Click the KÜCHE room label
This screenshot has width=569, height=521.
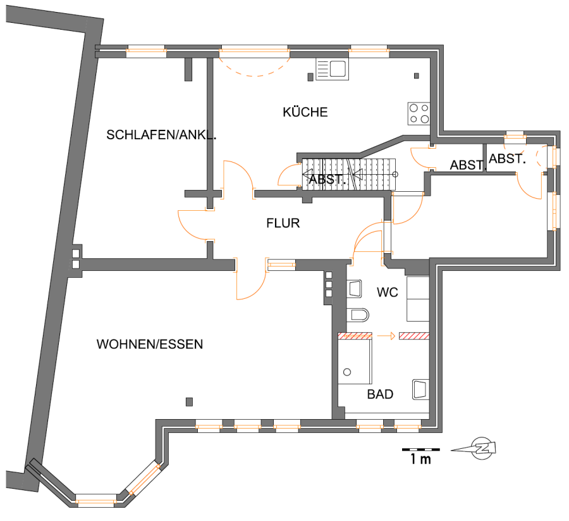[x=305, y=111]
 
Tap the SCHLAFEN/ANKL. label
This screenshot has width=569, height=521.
[x=161, y=135]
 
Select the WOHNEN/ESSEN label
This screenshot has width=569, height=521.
[x=149, y=344]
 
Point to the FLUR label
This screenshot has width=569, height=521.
[x=283, y=223]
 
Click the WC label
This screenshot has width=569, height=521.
[x=387, y=292]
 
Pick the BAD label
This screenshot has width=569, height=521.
[x=380, y=394]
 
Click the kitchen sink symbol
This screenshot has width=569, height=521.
[x=332, y=69]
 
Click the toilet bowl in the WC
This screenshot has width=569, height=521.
[x=357, y=315]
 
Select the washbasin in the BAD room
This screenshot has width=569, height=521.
[x=420, y=389]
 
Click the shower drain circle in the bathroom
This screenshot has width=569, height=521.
[x=347, y=372]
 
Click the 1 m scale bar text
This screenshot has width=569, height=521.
[x=420, y=459]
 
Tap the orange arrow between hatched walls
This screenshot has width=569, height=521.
[x=386, y=336]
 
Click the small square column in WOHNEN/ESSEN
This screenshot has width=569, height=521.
[x=189, y=402]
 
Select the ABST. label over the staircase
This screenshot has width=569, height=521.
[x=327, y=179]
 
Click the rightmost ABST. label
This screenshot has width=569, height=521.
[x=507, y=158]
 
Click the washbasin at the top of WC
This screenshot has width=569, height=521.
[x=355, y=289]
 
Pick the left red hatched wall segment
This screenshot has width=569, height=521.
[x=355, y=336]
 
